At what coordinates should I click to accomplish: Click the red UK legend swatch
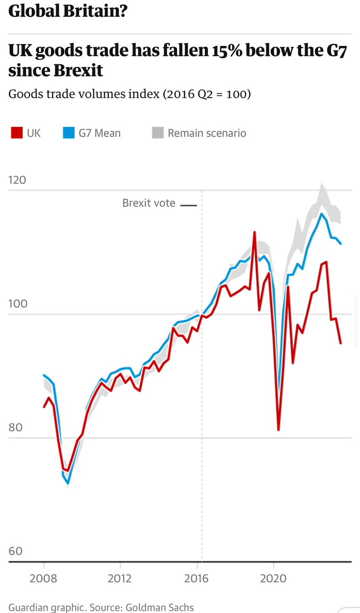[16, 133]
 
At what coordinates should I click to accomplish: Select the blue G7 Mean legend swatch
[68, 133]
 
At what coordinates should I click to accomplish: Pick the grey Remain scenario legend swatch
[158, 133]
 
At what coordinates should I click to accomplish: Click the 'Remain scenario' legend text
[207, 133]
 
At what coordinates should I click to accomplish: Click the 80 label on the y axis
[15, 428]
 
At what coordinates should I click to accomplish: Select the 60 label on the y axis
[15, 551]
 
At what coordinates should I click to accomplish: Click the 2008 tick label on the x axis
[44, 579]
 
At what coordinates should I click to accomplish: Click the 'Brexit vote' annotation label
[149, 203]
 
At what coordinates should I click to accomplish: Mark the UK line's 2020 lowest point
[279, 430]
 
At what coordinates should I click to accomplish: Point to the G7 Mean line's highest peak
[321, 214]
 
